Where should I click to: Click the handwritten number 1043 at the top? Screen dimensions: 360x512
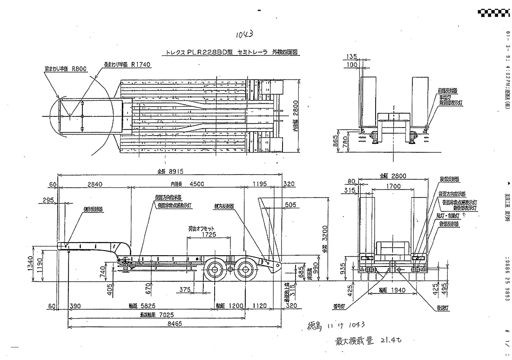pyautogui.click(x=244, y=34)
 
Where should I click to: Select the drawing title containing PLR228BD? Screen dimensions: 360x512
pyautogui.click(x=232, y=53)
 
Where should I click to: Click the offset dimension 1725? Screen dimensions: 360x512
pyautogui.click(x=210, y=234)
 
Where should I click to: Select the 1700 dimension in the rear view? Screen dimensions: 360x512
pyautogui.click(x=393, y=186)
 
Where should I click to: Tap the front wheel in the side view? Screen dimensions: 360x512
pyautogui.click(x=215, y=269)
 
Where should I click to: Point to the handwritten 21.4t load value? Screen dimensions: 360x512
pyautogui.click(x=391, y=341)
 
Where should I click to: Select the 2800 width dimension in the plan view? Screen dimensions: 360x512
pyautogui.click(x=303, y=110)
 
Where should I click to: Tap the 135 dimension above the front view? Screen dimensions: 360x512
pyautogui.click(x=352, y=56)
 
